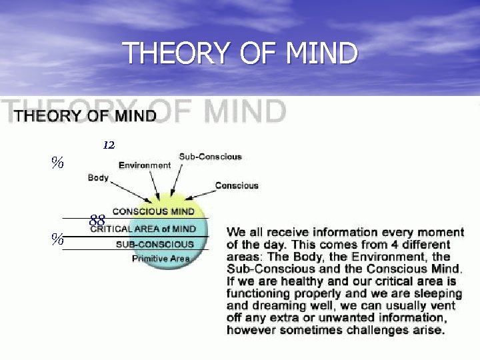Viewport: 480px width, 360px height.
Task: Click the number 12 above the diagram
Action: coord(109,145)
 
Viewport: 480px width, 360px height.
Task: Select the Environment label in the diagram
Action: coord(145,165)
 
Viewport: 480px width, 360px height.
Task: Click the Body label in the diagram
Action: coord(98,178)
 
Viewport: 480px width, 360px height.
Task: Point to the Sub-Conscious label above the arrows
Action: coord(210,157)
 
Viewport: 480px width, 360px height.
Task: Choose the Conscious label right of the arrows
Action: coord(237,185)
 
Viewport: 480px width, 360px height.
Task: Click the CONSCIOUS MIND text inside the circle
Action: coord(153,211)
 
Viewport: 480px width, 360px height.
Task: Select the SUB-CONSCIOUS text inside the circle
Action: coord(155,244)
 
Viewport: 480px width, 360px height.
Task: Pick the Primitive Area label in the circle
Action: coord(161,259)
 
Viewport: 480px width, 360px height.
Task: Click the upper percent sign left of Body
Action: coord(58,162)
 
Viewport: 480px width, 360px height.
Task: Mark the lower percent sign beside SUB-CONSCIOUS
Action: coord(58,240)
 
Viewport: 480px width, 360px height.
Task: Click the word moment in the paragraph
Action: coord(441,233)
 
